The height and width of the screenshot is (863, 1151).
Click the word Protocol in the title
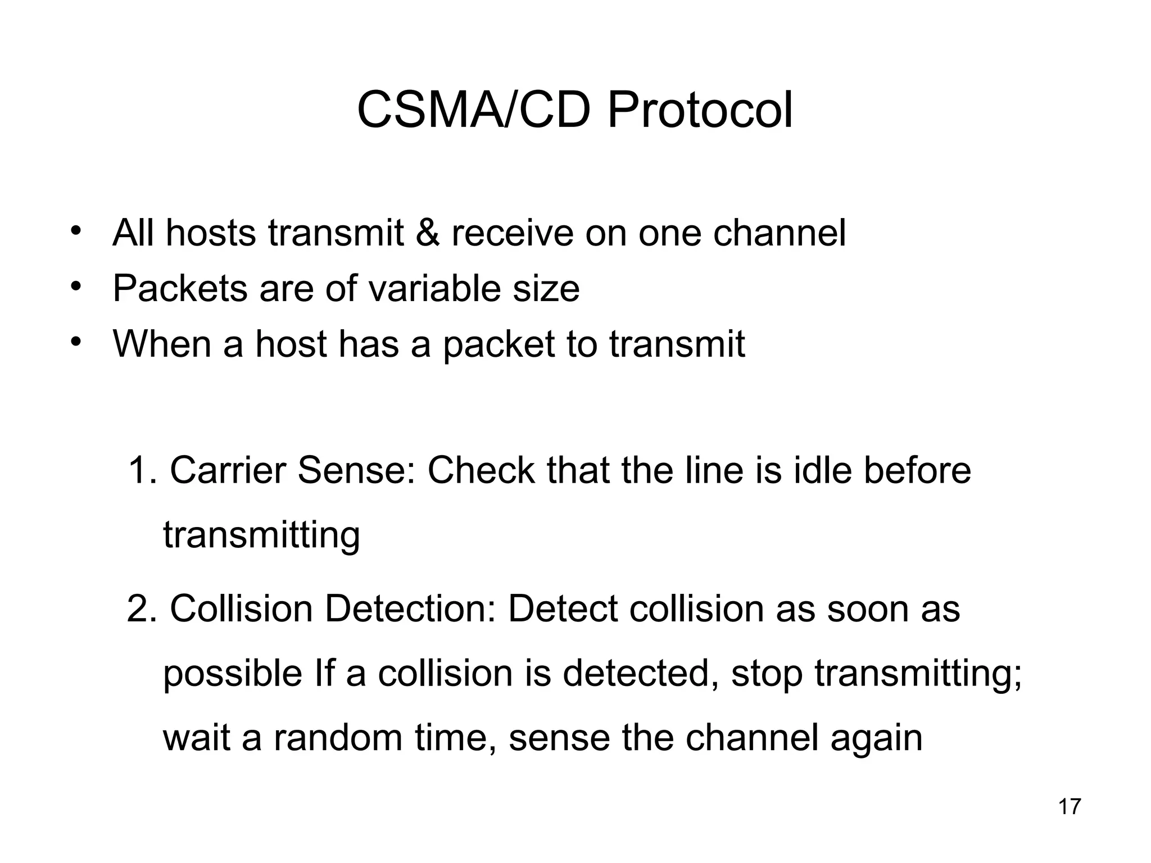pyautogui.click(x=700, y=110)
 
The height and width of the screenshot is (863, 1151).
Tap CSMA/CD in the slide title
pyautogui.click(x=473, y=110)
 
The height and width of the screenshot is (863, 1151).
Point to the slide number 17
pyautogui.click(x=1069, y=807)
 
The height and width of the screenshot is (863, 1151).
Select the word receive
pyautogui.click(x=512, y=233)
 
